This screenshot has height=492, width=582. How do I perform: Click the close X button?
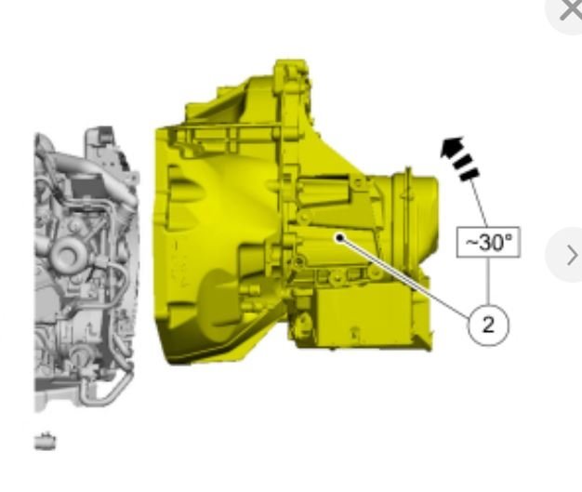pos(569,10)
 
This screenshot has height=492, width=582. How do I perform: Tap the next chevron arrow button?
pos(572,256)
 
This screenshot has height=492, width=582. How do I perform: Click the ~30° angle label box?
pos(488,242)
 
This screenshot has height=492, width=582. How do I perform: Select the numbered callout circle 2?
pos(488,326)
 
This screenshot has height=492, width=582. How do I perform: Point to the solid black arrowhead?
pos(451,147)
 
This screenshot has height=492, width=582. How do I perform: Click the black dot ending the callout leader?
pos(339,238)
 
